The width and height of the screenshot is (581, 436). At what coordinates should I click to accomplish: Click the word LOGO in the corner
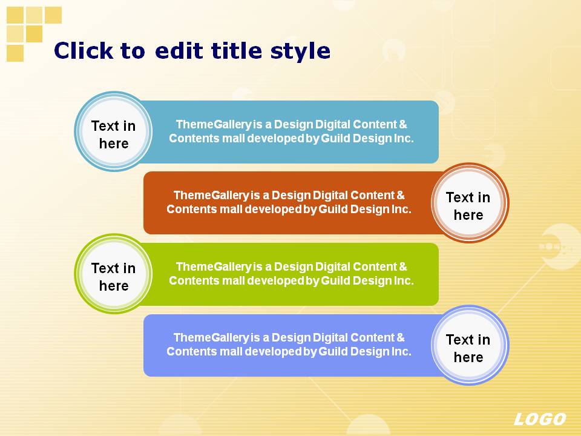click(x=540, y=419)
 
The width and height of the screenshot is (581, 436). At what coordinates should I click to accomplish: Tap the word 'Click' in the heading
click(x=84, y=50)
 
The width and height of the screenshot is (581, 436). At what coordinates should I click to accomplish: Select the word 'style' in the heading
click(x=300, y=51)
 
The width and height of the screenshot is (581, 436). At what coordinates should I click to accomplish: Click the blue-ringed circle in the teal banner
click(x=114, y=131)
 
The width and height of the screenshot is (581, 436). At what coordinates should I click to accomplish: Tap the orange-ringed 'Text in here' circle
click(x=470, y=203)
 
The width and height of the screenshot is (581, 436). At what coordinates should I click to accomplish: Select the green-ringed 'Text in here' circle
click(x=114, y=274)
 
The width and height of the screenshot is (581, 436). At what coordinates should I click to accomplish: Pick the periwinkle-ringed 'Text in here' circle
click(x=470, y=345)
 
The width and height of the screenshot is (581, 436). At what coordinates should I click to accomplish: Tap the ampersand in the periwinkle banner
click(x=401, y=338)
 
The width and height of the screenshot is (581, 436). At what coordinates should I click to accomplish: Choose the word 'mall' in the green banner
click(x=234, y=281)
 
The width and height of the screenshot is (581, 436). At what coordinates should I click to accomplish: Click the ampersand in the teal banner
click(x=403, y=125)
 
